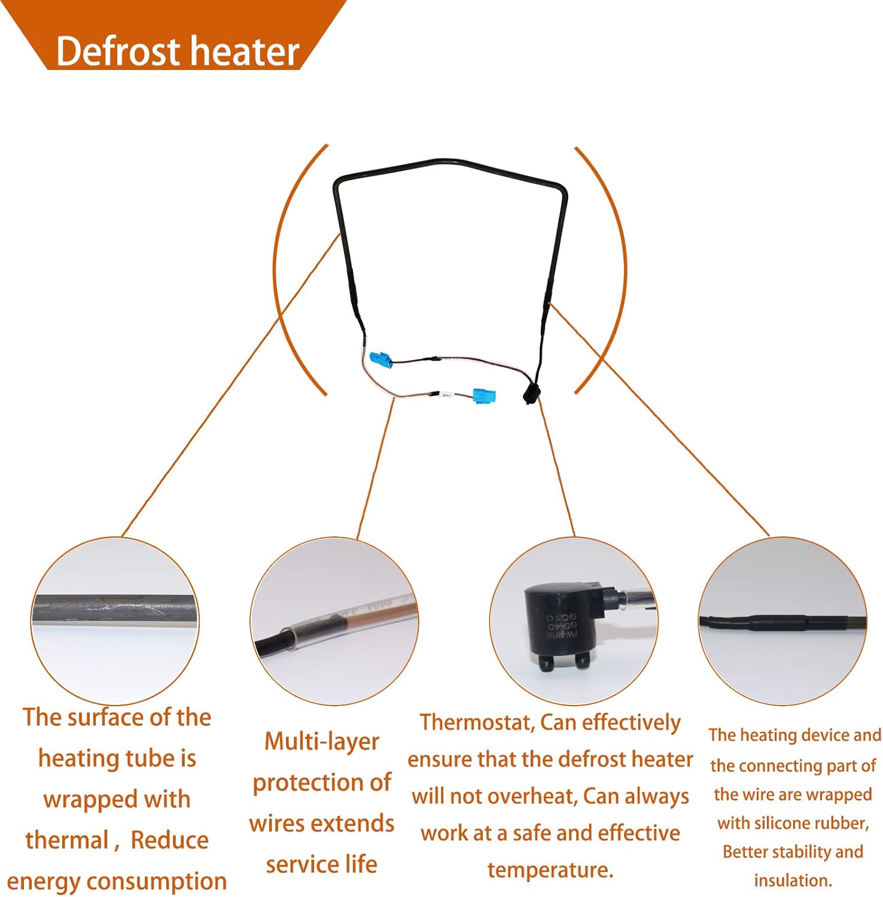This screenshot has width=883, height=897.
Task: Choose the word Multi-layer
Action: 322,742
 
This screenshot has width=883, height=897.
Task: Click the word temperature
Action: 550,870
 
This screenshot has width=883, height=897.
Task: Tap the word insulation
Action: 792,880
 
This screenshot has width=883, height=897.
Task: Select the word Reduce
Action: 169,840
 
